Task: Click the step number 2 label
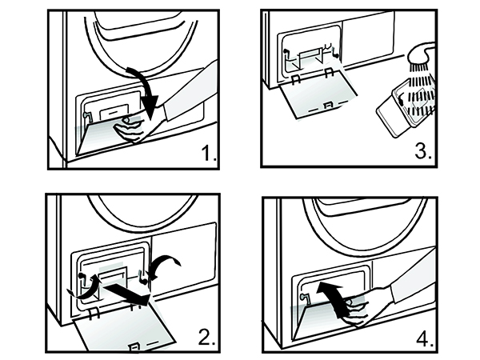[x=207, y=336]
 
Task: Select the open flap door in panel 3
[x=320, y=100]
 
